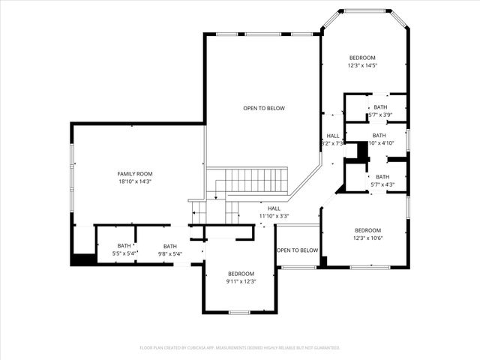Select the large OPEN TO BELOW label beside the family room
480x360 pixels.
[264, 108]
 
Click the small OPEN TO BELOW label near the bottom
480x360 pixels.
[298, 250]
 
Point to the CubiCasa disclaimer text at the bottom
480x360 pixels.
[240, 347]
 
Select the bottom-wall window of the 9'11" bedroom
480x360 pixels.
[239, 312]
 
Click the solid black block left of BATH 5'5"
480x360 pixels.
[82, 259]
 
